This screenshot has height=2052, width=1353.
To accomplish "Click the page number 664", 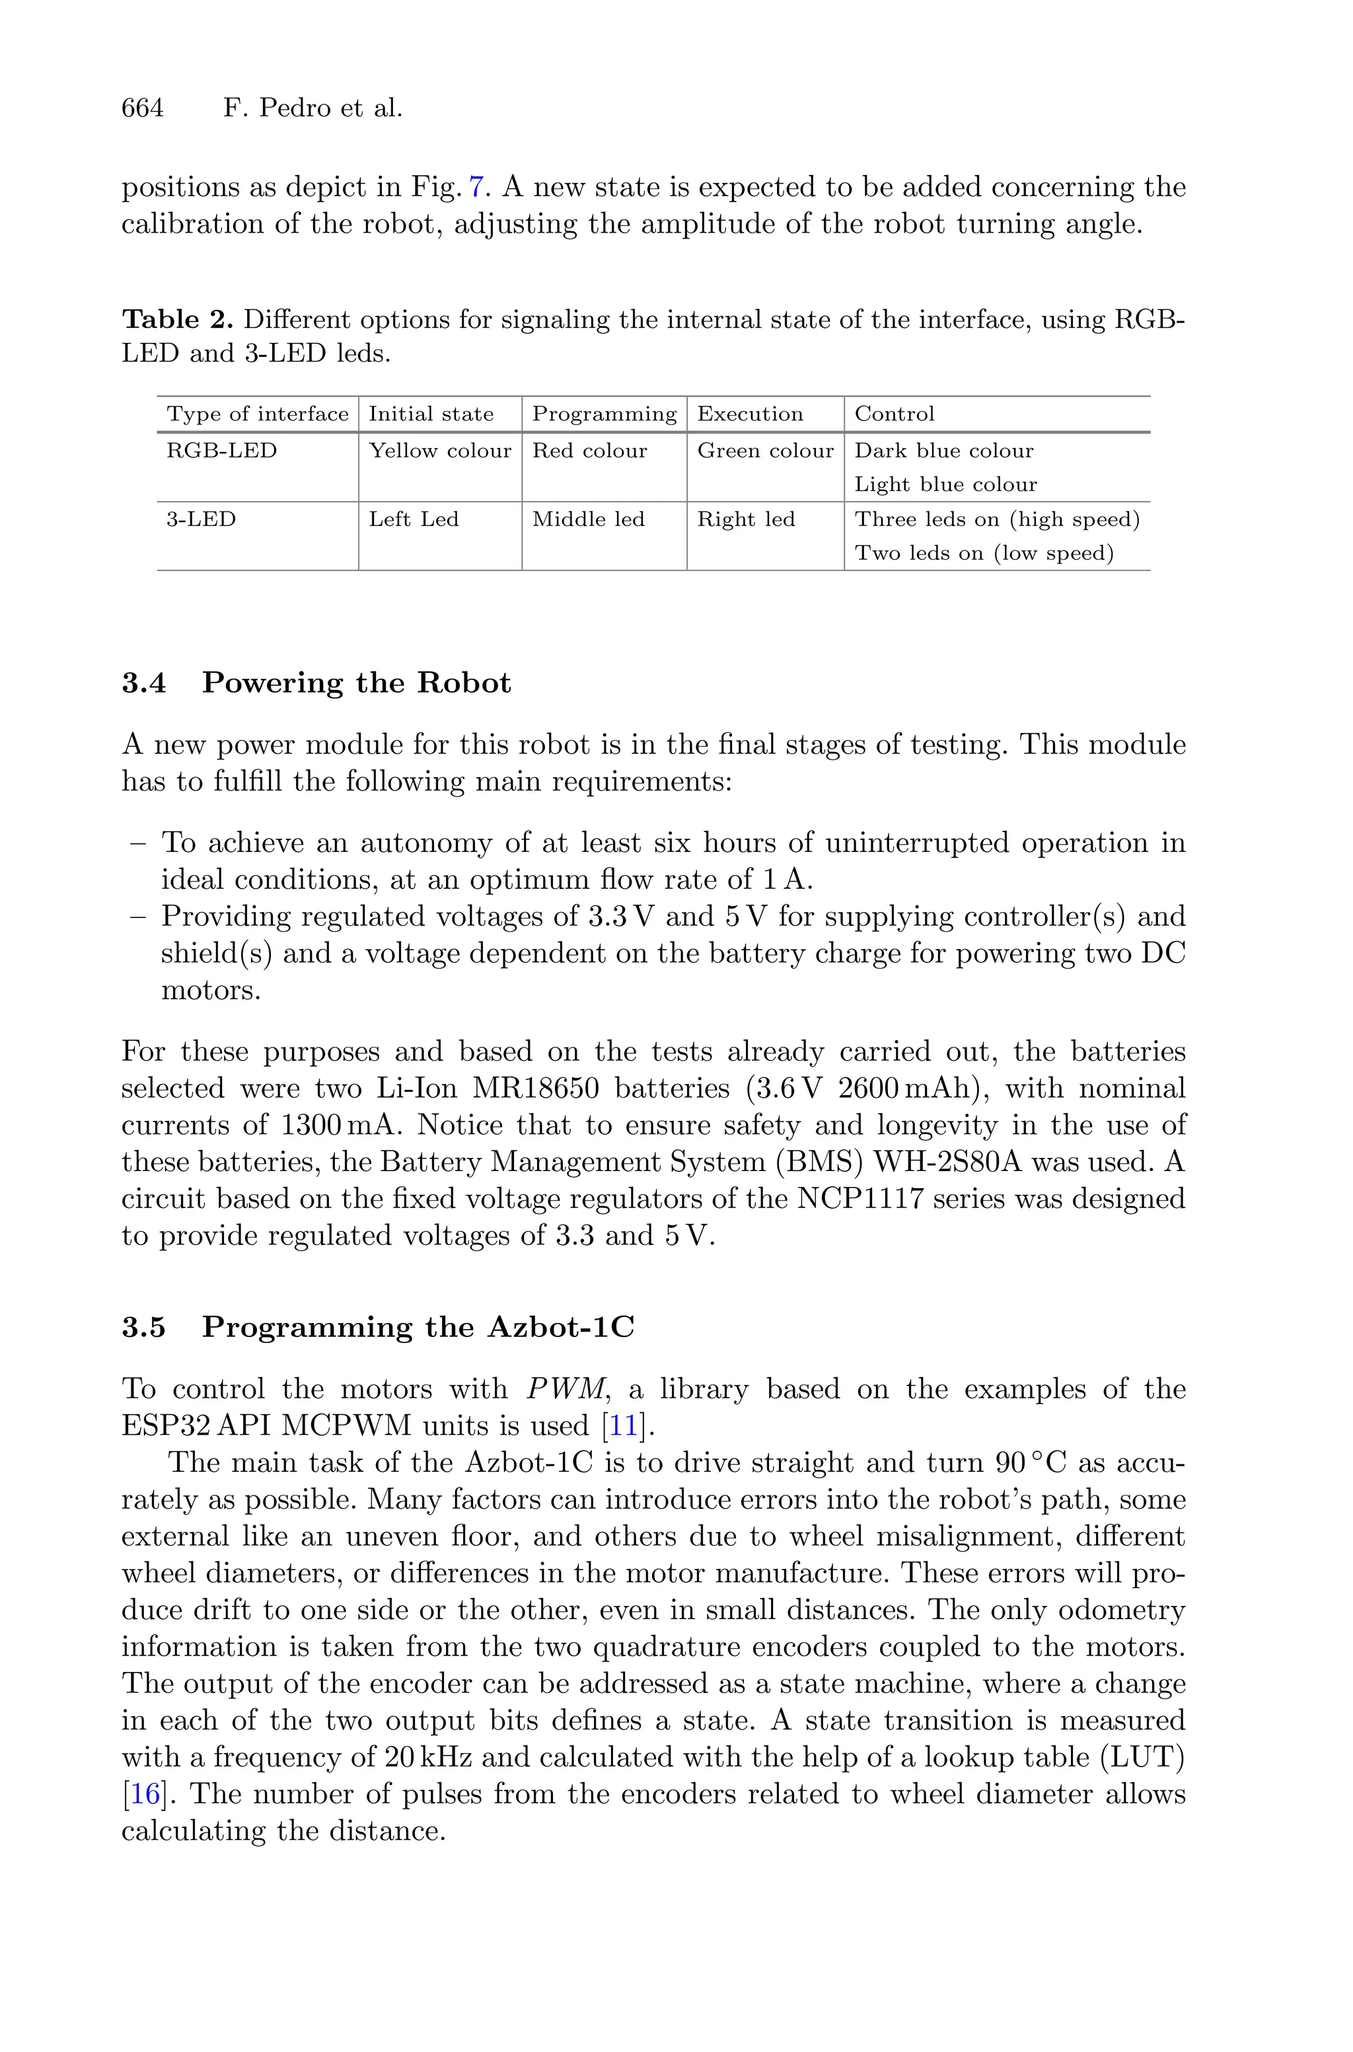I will [x=143, y=108].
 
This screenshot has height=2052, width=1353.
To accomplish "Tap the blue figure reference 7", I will [x=476, y=187].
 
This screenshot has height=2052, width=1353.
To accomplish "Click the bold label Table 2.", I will [x=178, y=320].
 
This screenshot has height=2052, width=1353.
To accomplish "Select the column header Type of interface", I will [x=257, y=414].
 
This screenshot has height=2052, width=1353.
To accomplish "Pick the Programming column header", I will [x=604, y=414].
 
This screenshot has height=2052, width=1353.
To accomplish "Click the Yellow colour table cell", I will [x=440, y=451].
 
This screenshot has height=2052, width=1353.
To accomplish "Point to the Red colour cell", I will [x=589, y=451].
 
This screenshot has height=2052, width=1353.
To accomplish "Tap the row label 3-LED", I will [x=201, y=519].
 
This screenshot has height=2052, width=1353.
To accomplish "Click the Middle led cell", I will [x=589, y=519].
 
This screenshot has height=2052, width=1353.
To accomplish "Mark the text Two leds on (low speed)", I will [x=984, y=553].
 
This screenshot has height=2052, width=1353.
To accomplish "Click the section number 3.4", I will [x=144, y=683].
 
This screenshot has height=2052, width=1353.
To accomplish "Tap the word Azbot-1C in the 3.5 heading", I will [x=561, y=1327].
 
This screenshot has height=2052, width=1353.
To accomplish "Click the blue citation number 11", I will [x=623, y=1425].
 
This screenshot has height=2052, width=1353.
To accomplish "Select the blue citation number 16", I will [x=143, y=1794].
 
